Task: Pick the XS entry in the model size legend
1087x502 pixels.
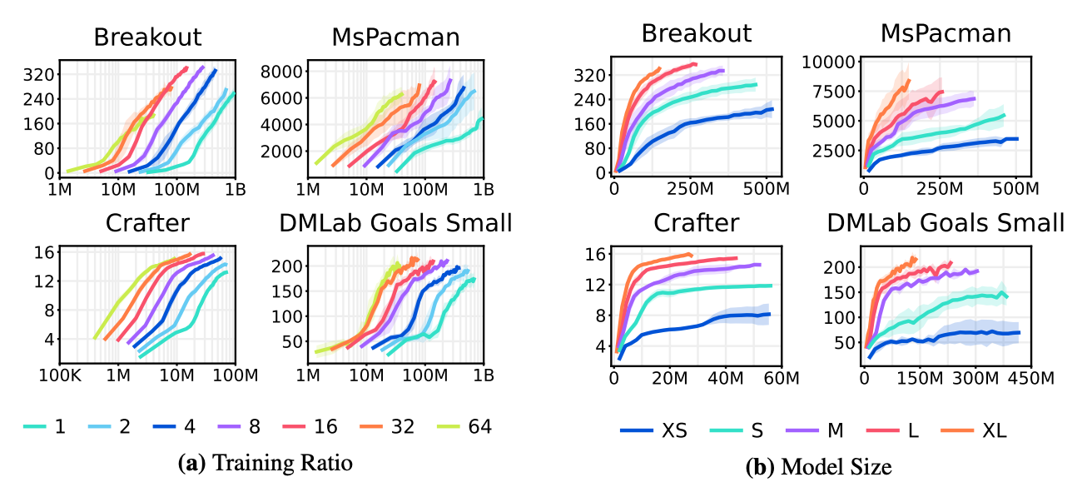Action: point(654,430)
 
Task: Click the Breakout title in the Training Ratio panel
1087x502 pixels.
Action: point(147,37)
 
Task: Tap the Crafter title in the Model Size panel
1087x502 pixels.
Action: point(696,222)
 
